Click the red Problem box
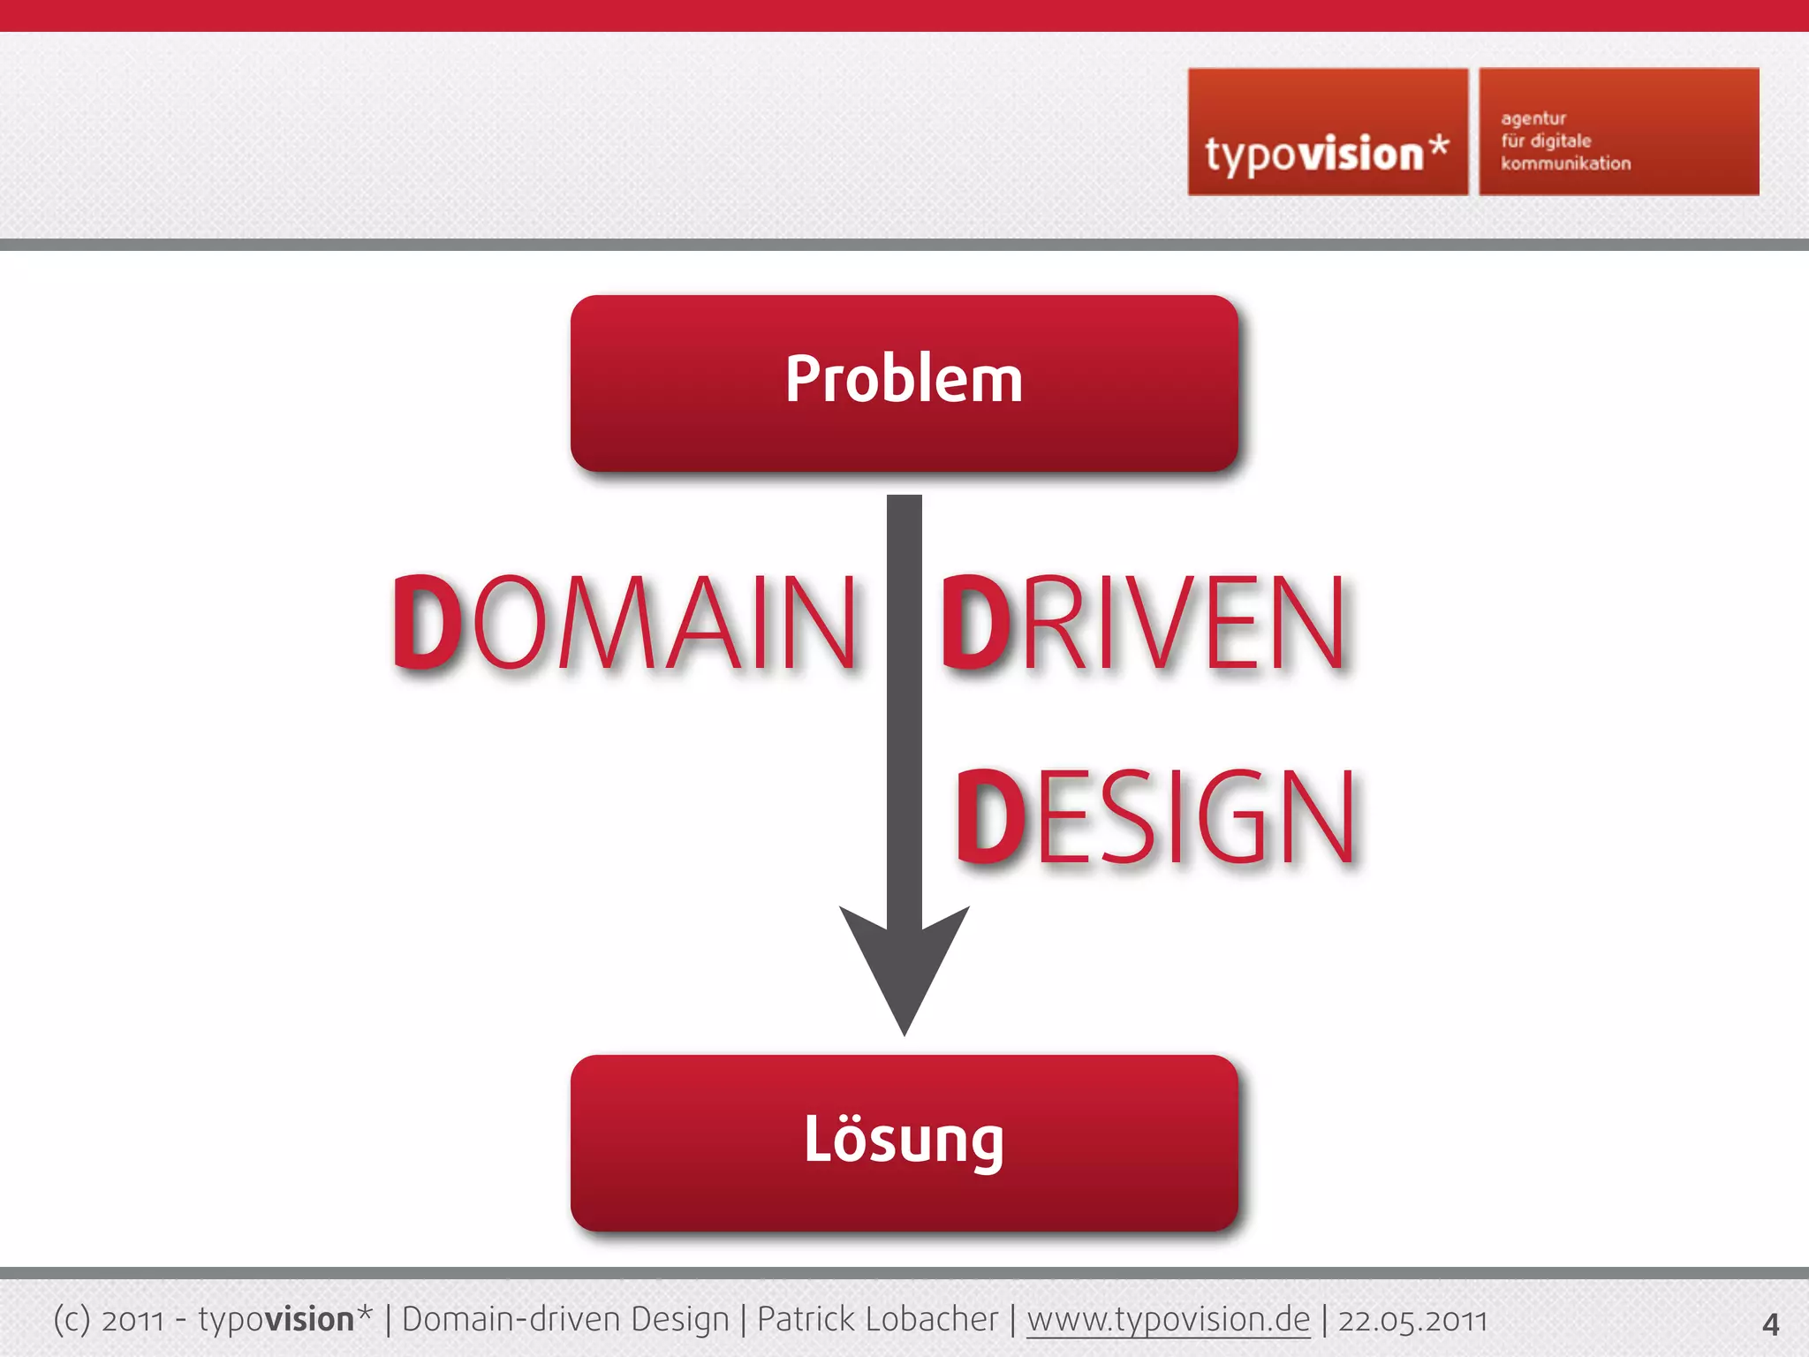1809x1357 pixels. pyautogui.click(x=904, y=383)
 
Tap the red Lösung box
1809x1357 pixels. pyautogui.click(x=904, y=1141)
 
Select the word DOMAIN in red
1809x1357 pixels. pyautogui.click(x=624, y=622)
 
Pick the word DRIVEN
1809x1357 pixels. pyautogui.click(x=1143, y=622)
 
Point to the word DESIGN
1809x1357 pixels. pyautogui.click(x=1155, y=816)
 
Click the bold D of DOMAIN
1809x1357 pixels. pyautogui.click(x=426, y=622)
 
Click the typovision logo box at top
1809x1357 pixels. pyautogui.click(x=1328, y=133)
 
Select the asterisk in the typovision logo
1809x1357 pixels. pyautogui.click(x=1439, y=145)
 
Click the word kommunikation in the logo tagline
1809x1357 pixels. pyautogui.click(x=1565, y=163)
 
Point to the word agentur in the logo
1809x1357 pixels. pyautogui.click(x=1533, y=119)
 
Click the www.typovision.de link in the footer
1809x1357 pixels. pyautogui.click(x=1168, y=1320)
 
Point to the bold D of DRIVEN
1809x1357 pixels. pyautogui.click(x=975, y=622)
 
